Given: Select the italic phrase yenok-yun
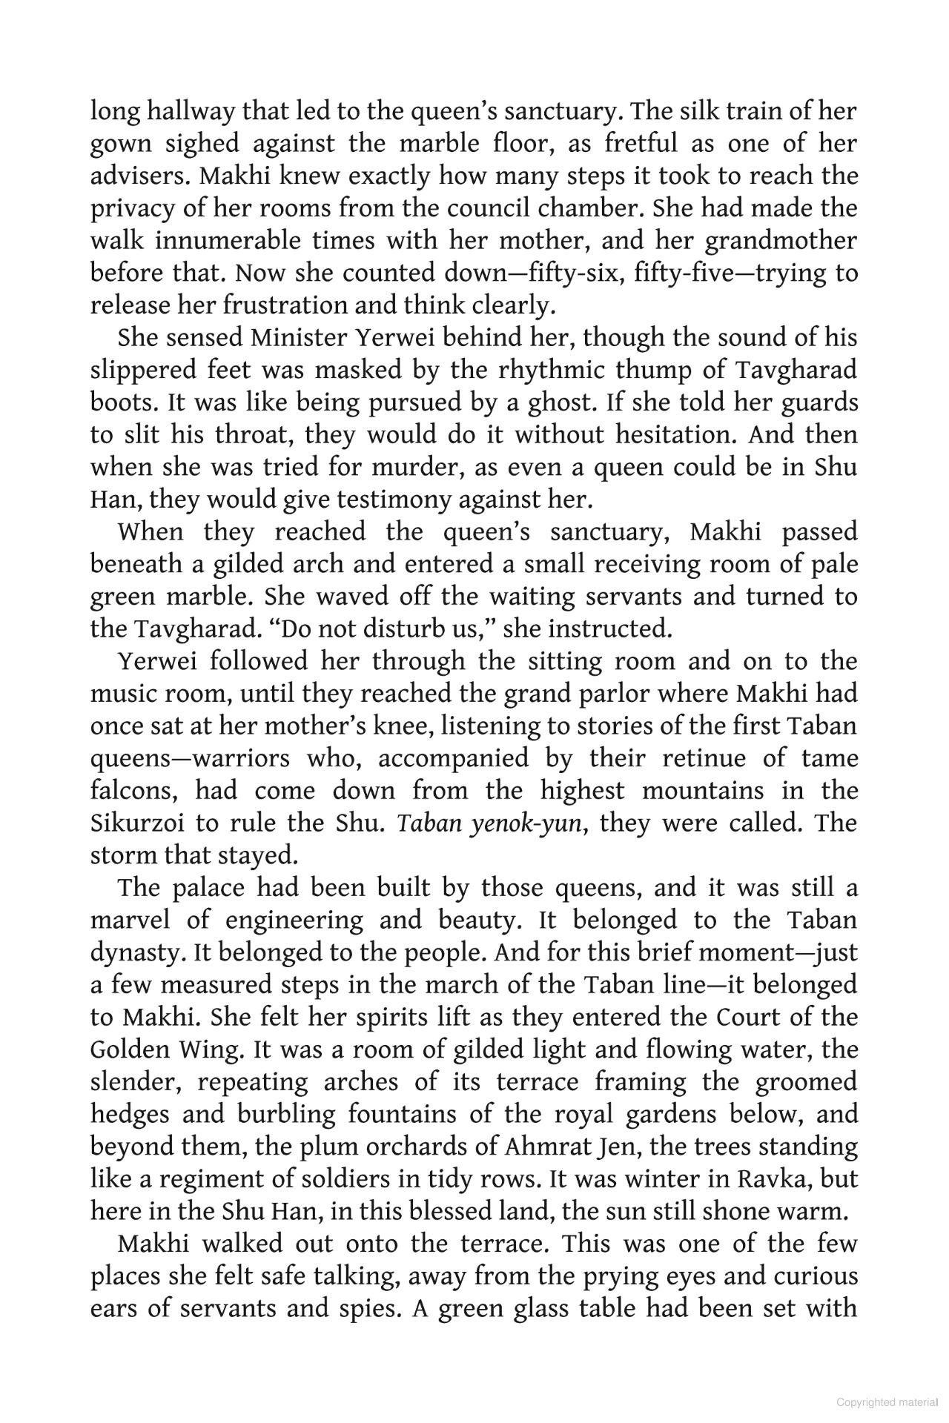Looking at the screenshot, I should (x=525, y=823).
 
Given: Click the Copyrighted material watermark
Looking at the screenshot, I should (x=887, y=1402).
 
